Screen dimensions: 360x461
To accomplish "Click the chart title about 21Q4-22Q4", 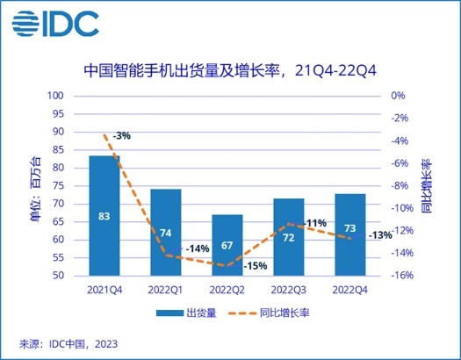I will [x=231, y=68].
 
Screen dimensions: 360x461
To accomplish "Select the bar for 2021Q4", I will [x=104, y=215].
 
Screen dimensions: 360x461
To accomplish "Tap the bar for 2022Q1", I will [x=166, y=232].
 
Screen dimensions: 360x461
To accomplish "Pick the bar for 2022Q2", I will [x=227, y=245].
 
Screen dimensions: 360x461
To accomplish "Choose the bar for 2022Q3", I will [x=288, y=236].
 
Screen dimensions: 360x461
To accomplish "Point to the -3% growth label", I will [x=121, y=135].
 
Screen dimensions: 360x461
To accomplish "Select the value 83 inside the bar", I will [x=104, y=214].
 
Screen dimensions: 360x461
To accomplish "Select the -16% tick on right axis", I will [x=403, y=276].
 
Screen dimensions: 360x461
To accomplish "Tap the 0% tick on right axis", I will [x=398, y=96].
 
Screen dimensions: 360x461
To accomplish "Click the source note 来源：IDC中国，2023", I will [x=68, y=343].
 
